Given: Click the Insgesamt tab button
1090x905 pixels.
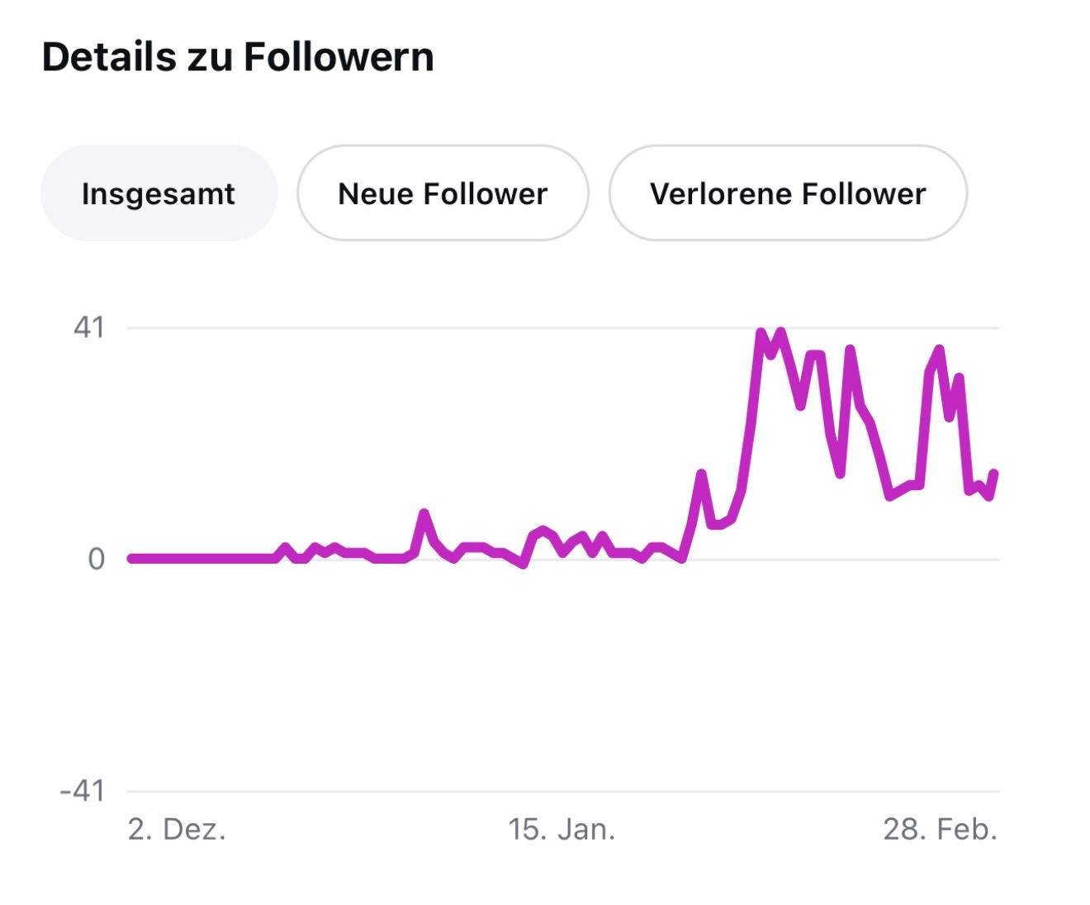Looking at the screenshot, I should pyautogui.click(x=159, y=193).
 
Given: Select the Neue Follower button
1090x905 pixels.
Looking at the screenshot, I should pyautogui.click(x=443, y=193).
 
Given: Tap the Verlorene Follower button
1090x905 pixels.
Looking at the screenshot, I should pyautogui.click(x=788, y=193).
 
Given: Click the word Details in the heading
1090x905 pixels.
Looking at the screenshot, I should pyautogui.click(x=109, y=58).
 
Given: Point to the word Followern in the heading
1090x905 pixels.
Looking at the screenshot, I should pyautogui.click(x=339, y=58).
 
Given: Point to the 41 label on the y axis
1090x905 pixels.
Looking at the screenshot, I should pyautogui.click(x=89, y=328).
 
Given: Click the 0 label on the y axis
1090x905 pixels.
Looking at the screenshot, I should pyautogui.click(x=97, y=560).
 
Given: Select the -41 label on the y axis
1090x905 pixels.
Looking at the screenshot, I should pyautogui.click(x=83, y=791).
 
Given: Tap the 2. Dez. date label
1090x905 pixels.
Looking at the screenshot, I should pyautogui.click(x=177, y=829).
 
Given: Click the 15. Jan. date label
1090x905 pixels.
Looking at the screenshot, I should pyautogui.click(x=562, y=829).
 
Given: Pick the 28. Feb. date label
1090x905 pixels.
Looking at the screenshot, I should pyautogui.click(x=940, y=829).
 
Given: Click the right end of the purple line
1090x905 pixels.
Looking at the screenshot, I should pyautogui.click(x=994, y=473).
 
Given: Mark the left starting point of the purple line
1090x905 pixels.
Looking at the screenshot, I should pyautogui.click(x=130, y=559).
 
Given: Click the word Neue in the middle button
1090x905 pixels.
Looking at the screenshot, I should pyautogui.click(x=376, y=193).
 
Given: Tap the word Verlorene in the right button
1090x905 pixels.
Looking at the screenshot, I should pyautogui.click(x=721, y=193).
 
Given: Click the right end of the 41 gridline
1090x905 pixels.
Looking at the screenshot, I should pyautogui.click(x=997, y=328).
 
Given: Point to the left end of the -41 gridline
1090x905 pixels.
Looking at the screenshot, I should pyautogui.click(x=129, y=792).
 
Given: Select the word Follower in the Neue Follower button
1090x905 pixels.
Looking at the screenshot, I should pyautogui.click(x=485, y=193).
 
